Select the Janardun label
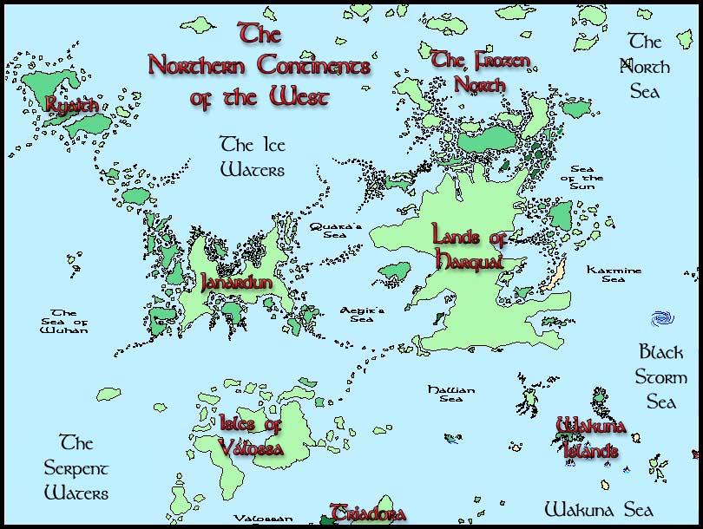click(x=237, y=283)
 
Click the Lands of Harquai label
click(x=469, y=246)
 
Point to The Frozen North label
click(x=481, y=72)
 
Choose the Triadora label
click(x=368, y=513)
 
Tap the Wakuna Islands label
click(x=591, y=438)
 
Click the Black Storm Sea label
click(x=661, y=377)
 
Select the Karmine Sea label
click(x=614, y=274)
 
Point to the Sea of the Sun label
click(x=588, y=178)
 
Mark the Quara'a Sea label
click(x=336, y=230)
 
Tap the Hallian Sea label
click(x=451, y=395)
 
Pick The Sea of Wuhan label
click(x=64, y=321)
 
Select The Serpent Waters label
click(x=76, y=468)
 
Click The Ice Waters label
click(x=252, y=156)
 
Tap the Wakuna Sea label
click(x=598, y=508)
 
